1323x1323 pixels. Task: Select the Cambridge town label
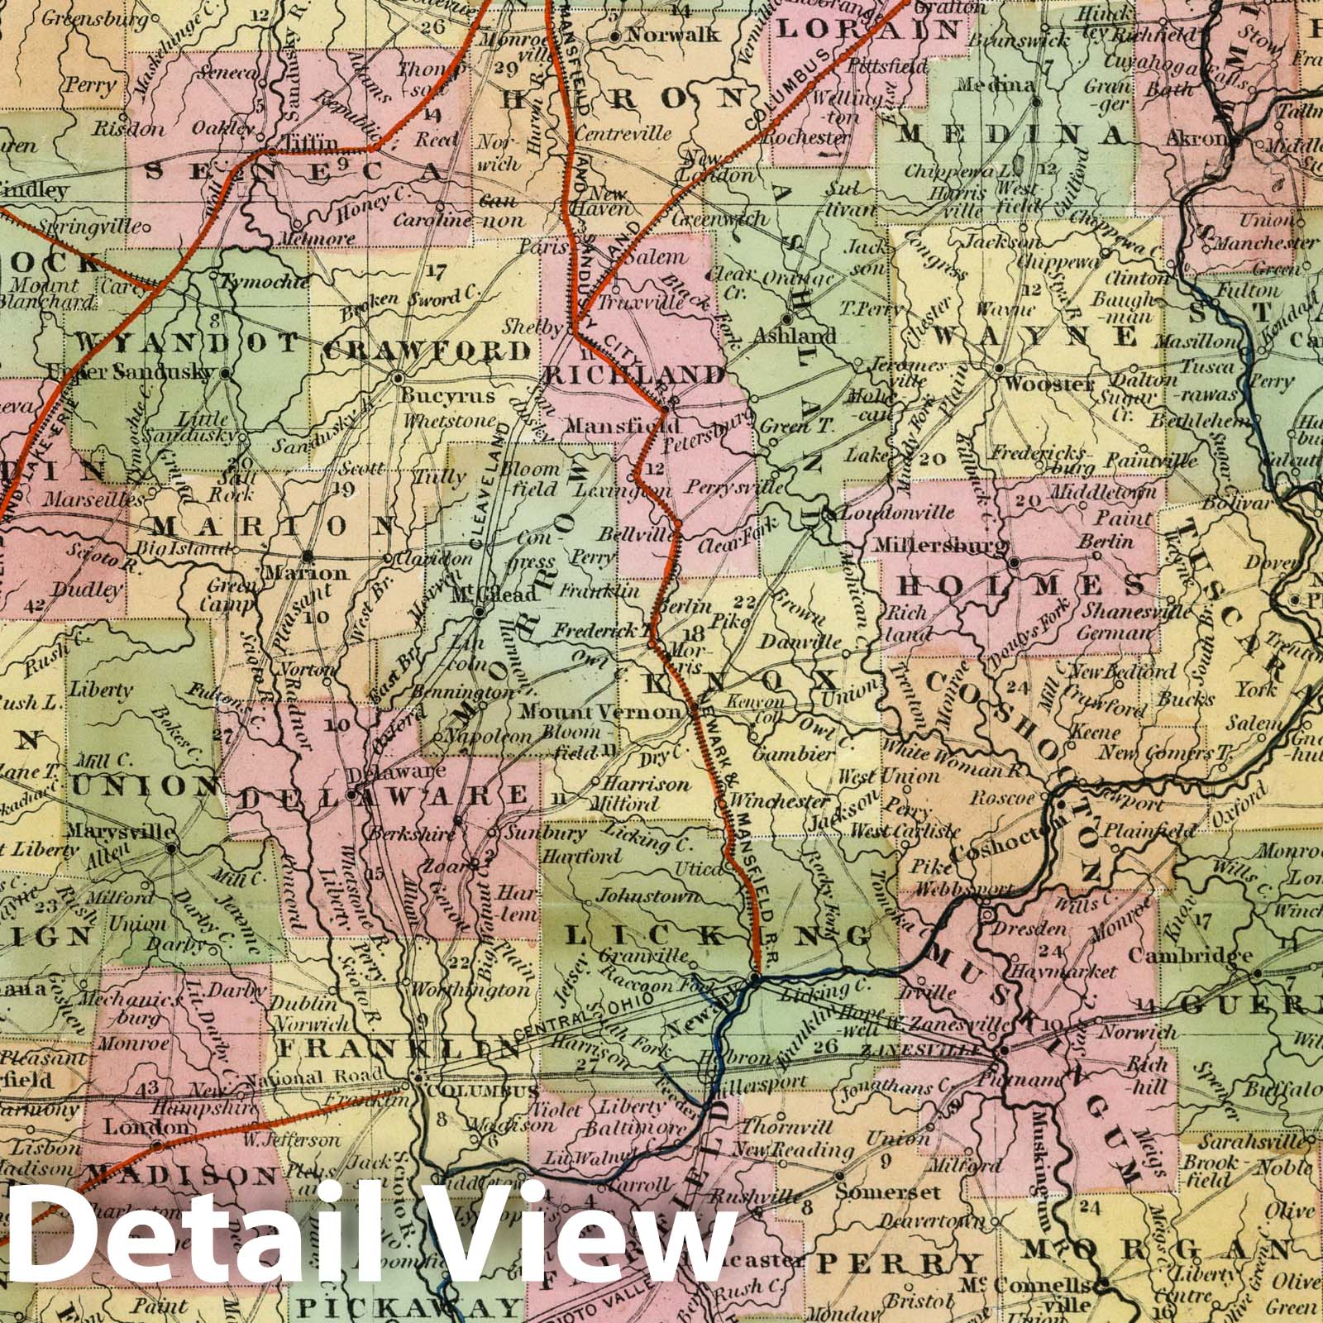pos(1201,956)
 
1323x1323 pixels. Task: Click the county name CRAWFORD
pos(426,351)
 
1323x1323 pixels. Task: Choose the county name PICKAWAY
pos(408,1306)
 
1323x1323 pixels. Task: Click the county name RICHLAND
pos(634,375)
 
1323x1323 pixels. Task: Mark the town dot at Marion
pos(308,555)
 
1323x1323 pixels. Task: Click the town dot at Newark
pos(754,980)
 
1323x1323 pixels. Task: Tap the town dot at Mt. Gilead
pos(479,613)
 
